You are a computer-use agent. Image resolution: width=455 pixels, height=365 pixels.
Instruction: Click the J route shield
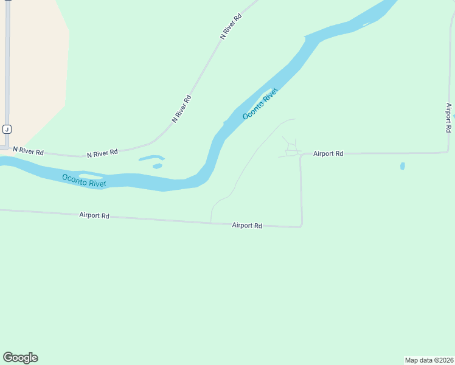tap(7, 129)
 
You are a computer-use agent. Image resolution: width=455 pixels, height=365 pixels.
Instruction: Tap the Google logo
tap(20, 358)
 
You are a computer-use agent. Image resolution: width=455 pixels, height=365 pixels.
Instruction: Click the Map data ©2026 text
tap(429, 360)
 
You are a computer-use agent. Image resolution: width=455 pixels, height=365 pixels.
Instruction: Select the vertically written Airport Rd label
tap(449, 117)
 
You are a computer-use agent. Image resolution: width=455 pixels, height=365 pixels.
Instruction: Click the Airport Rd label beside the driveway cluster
tap(328, 154)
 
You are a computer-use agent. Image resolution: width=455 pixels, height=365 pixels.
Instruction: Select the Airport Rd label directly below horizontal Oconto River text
tap(94, 215)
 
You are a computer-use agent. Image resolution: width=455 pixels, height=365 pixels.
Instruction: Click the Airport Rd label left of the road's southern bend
tap(247, 225)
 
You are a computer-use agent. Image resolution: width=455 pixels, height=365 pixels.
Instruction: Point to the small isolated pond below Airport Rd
tap(403, 165)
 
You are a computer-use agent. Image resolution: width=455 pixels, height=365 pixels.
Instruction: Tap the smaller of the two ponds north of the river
tap(158, 165)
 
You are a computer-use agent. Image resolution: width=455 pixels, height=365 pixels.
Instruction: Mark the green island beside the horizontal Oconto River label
tap(91, 177)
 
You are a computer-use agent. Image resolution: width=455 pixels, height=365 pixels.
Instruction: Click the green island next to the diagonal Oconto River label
tap(268, 94)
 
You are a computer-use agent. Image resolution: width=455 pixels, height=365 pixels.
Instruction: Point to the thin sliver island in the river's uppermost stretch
tap(370, 23)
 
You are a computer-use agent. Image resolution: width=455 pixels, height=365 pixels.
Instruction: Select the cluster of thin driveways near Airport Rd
tap(291, 147)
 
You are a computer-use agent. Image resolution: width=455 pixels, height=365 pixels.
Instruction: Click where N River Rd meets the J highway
tap(6, 147)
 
